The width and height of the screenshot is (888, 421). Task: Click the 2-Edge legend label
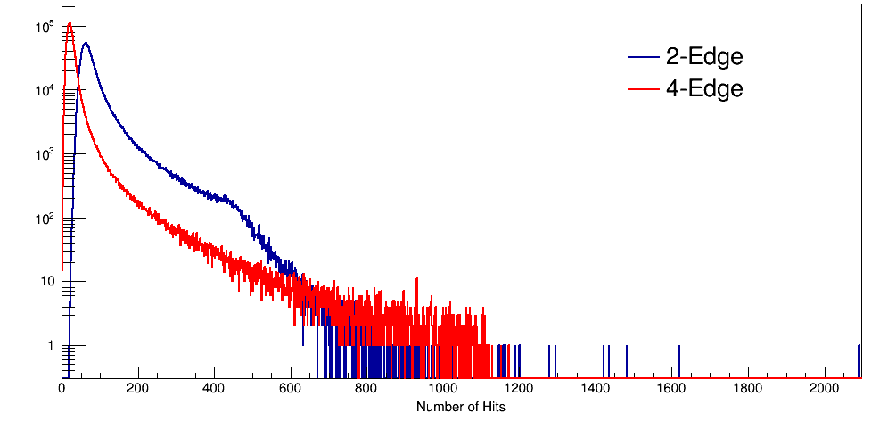coord(703,57)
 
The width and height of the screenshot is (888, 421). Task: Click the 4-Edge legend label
coord(703,88)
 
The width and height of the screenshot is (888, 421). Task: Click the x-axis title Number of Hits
coord(461,407)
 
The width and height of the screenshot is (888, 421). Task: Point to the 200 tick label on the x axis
coord(137,389)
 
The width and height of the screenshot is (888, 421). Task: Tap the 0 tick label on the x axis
coord(62,389)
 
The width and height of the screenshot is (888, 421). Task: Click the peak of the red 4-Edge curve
coord(70,24)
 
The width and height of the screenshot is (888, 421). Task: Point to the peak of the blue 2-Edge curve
coord(86,43)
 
